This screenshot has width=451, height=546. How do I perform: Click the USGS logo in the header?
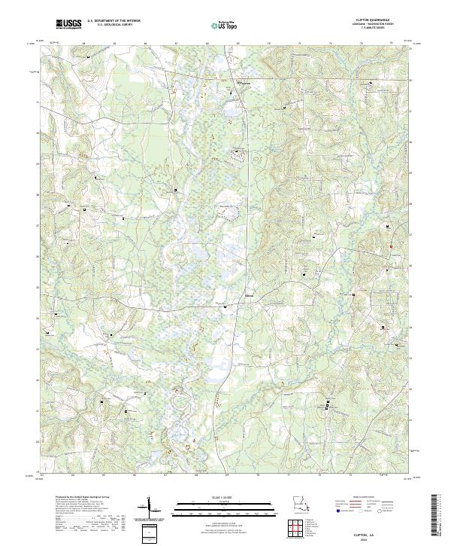click(x=68, y=25)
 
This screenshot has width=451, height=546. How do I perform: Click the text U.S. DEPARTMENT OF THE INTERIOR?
click(x=114, y=22)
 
